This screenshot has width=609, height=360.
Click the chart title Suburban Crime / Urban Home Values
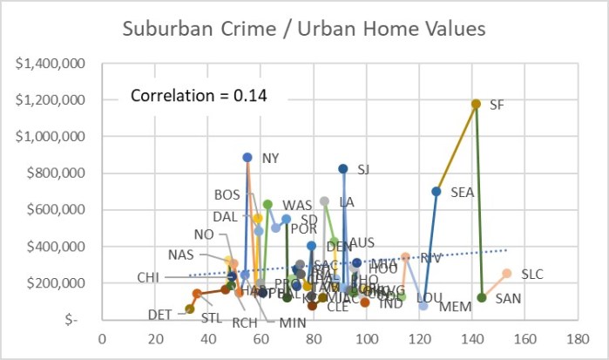pyautogui.click(x=305, y=30)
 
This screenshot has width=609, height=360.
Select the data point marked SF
pyautogui.click(x=476, y=104)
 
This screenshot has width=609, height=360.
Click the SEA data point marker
pyautogui.click(x=436, y=191)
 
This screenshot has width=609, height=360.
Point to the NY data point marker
pyautogui.click(x=247, y=158)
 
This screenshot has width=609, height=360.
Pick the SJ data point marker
pyautogui.click(x=342, y=168)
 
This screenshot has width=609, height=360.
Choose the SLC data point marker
pyautogui.click(x=507, y=273)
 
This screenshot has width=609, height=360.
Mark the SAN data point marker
pyautogui.click(x=482, y=297)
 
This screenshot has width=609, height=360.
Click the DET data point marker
pyautogui.click(x=190, y=309)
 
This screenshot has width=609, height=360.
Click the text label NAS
pyautogui.click(x=181, y=255)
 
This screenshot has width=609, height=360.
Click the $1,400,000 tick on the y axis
pyautogui.click(x=58, y=64)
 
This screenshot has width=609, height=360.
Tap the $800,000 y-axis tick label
pyautogui.click(x=64, y=173)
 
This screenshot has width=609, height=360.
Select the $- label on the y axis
pyautogui.click(x=78, y=320)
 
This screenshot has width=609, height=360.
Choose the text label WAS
pyautogui.click(x=297, y=205)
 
